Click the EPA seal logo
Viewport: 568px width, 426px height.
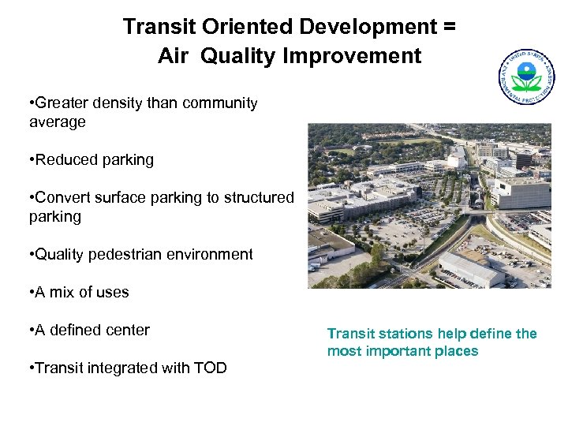coord(527,77)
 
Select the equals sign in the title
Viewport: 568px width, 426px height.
coord(449,27)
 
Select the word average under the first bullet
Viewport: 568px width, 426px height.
coord(57,122)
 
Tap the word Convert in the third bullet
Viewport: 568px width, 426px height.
coord(64,198)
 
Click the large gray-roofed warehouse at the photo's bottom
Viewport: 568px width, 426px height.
coord(470,268)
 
